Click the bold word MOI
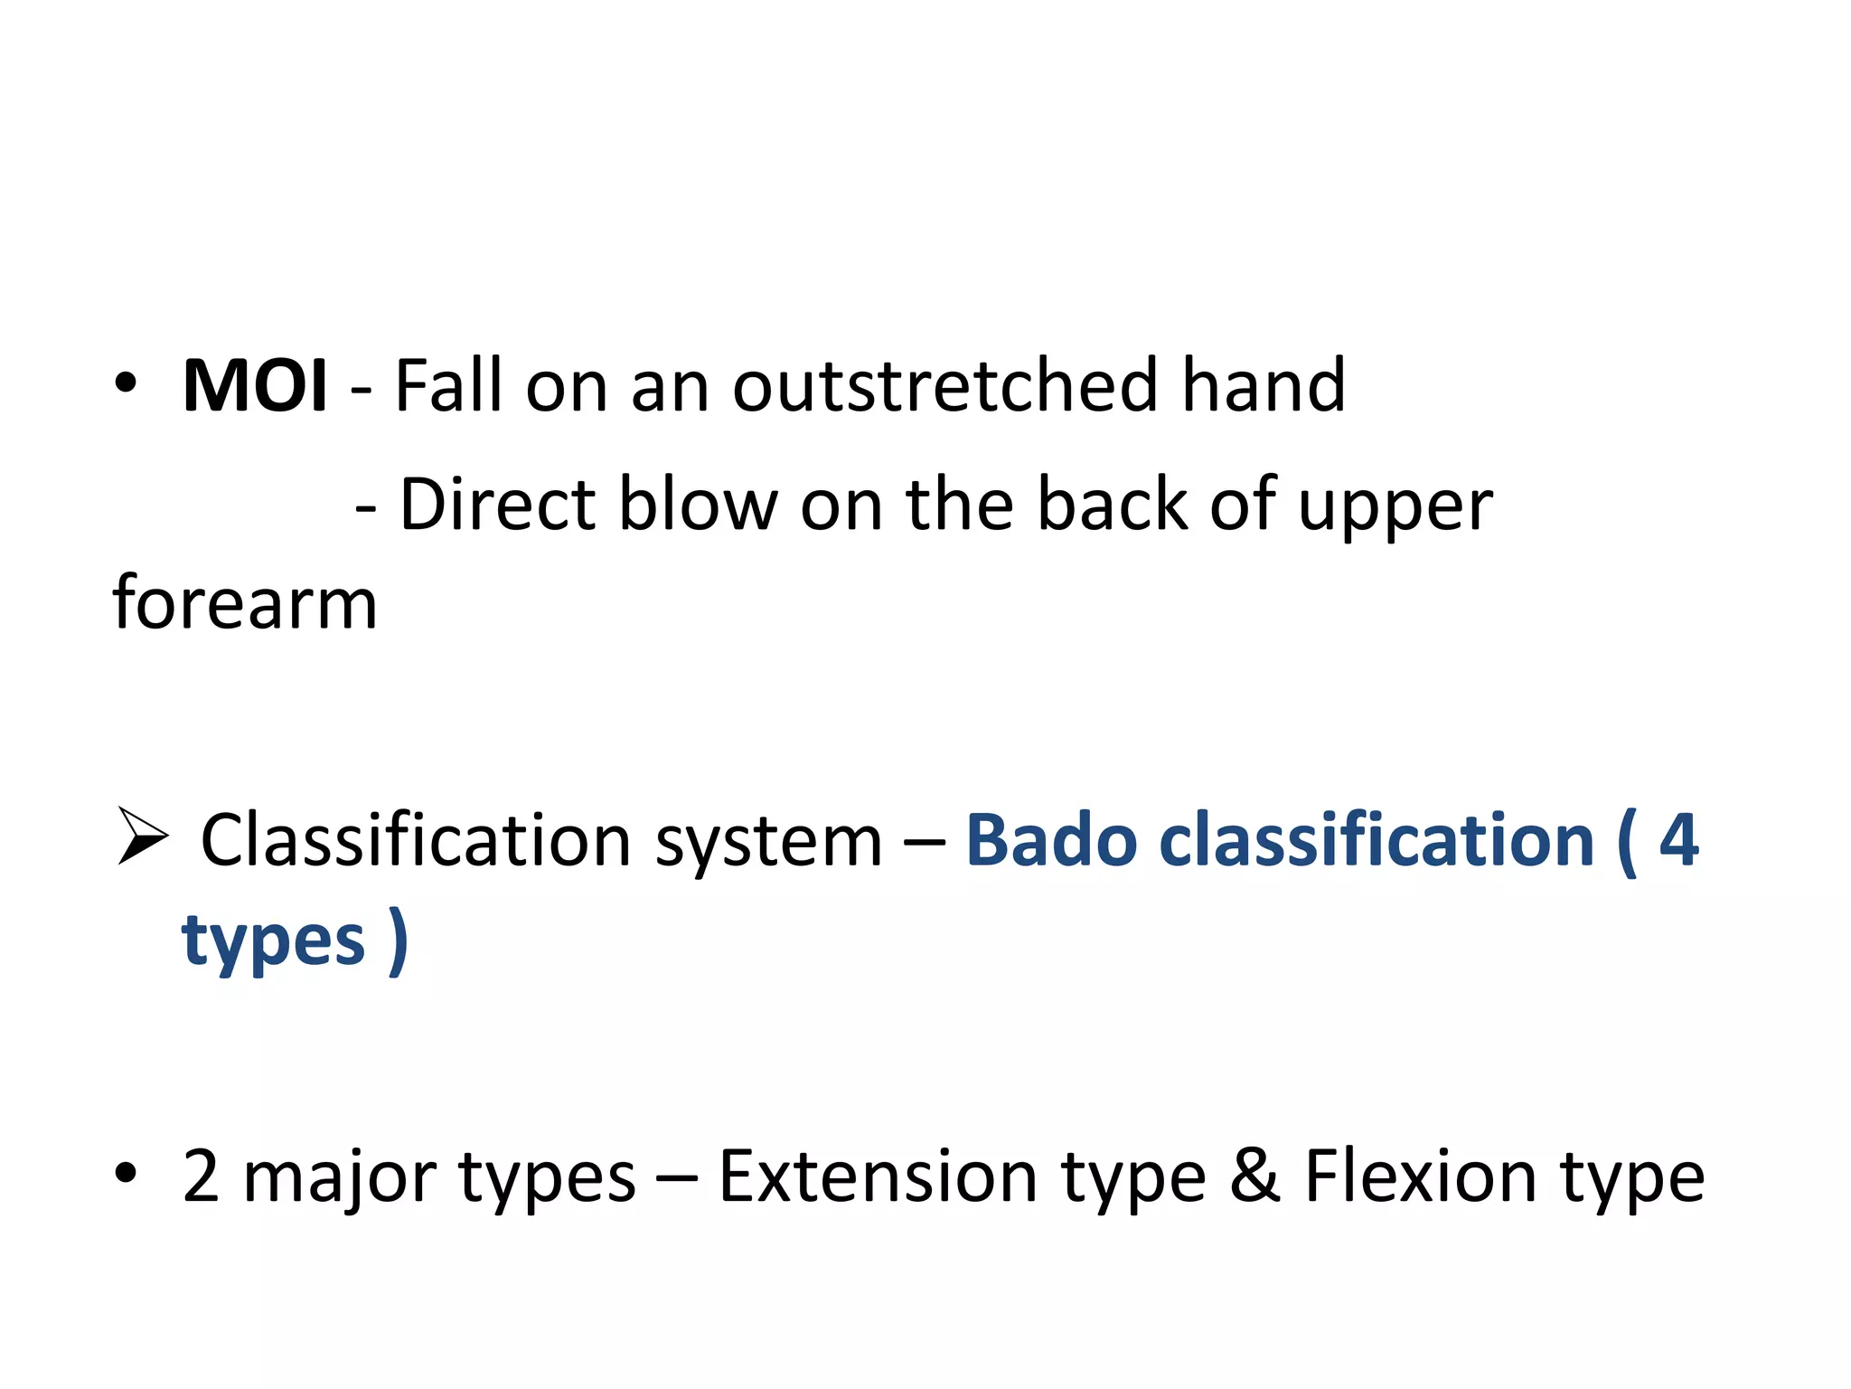(x=254, y=386)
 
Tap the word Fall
(x=448, y=386)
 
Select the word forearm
(x=245, y=603)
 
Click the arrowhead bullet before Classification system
(x=143, y=837)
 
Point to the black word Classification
(x=416, y=841)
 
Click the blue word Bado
(x=1051, y=841)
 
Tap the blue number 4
(x=1678, y=841)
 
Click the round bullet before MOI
(x=126, y=383)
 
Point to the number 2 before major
(x=201, y=1176)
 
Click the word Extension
(x=878, y=1176)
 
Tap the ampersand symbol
(x=1255, y=1176)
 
